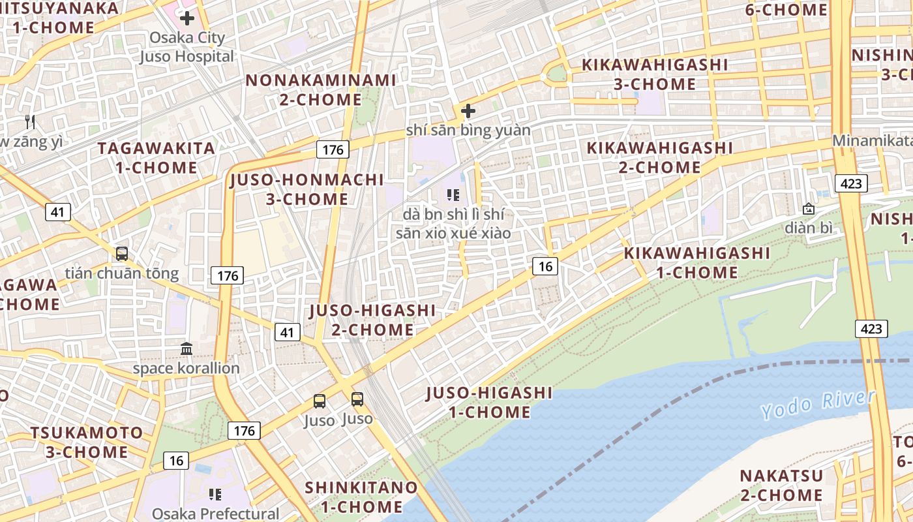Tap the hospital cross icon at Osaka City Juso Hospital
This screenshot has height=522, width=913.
tap(187, 18)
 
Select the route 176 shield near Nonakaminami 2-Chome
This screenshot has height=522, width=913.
tap(333, 149)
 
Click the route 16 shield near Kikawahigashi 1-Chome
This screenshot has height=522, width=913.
tap(545, 266)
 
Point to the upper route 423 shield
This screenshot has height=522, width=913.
tap(851, 183)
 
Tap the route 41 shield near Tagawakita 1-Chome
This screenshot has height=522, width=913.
tap(58, 211)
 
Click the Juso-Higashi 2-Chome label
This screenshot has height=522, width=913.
tap(372, 320)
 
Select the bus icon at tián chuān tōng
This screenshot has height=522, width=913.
tap(121, 254)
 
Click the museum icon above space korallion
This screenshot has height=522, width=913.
tap(187, 349)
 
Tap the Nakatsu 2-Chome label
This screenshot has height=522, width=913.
tap(781, 485)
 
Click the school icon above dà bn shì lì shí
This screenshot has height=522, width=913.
tap(453, 194)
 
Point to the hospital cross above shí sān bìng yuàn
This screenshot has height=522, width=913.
tap(468, 111)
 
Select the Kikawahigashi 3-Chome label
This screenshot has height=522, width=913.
tap(654, 74)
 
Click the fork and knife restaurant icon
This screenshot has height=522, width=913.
tap(29, 121)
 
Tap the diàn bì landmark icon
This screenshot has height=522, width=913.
tap(809, 209)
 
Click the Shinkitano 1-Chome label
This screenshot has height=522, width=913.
tap(361, 497)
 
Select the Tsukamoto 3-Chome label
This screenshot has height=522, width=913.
tap(87, 442)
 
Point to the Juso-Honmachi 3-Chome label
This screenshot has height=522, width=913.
tap(307, 189)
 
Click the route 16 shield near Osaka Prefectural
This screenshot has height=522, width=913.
tap(176, 461)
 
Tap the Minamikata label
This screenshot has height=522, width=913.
tap(871, 140)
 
